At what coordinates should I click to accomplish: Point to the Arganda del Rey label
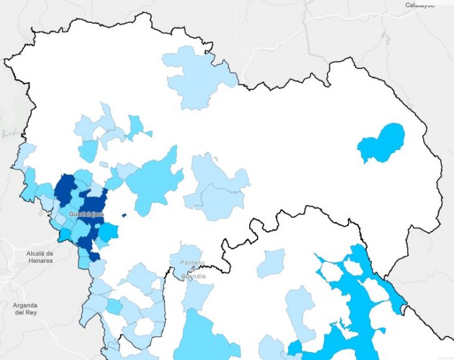coord(25,308)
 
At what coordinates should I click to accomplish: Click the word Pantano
coord(192,263)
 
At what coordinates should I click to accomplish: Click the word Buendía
coord(194,277)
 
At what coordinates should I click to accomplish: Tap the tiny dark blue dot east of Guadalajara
coord(123,215)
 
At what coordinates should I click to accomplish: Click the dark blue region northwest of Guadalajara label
coord(65,190)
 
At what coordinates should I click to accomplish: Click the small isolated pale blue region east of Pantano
coord(271,263)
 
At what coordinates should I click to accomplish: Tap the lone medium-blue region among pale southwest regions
coord(114,306)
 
